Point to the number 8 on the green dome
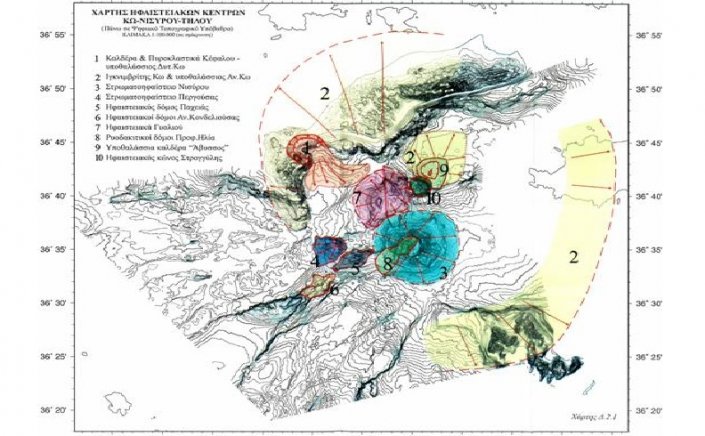tap(387, 264)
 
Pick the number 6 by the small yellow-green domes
tap(334, 290)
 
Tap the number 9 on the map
tap(441, 168)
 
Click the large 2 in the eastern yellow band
tap(573, 257)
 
